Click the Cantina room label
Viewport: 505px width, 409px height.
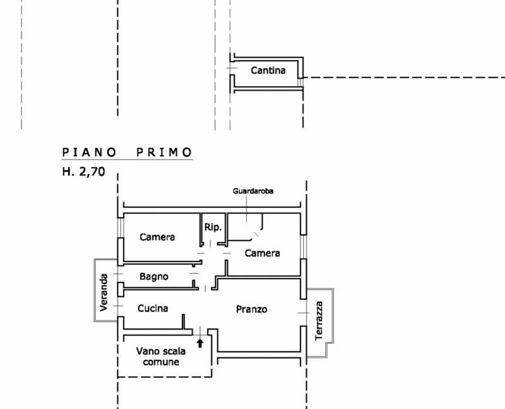tap(268, 71)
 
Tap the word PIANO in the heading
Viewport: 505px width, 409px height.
tap(89, 152)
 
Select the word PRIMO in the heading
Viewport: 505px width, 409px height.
tap(164, 152)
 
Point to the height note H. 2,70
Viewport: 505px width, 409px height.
tap(83, 171)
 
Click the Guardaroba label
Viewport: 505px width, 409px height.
tap(253, 191)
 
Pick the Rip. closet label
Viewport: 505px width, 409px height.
tap(213, 228)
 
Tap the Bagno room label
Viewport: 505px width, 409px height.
tap(153, 277)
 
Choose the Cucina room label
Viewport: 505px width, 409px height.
tap(153, 308)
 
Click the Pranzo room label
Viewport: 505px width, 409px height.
tap(251, 309)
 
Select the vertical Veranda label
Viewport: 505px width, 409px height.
tap(104, 292)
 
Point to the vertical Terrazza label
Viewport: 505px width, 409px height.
tap(319, 321)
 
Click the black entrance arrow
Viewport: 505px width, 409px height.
tap(200, 343)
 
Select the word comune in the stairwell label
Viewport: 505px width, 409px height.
tap(161, 362)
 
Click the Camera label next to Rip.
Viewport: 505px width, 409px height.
tap(157, 238)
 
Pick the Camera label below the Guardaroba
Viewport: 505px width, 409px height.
tap(262, 253)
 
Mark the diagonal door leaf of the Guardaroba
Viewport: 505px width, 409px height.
tap(256, 234)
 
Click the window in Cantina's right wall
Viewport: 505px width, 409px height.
tap(300, 83)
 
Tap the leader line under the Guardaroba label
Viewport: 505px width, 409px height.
tap(247, 209)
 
